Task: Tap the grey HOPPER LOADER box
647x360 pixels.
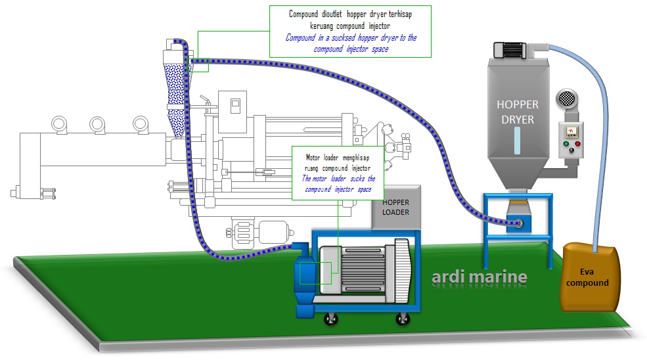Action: [x=396, y=208]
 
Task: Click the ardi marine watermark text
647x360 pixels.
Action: [x=480, y=277]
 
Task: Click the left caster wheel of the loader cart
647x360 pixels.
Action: [x=326, y=319]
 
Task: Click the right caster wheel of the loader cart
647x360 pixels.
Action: [x=403, y=319]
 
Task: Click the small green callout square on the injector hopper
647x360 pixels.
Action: [x=198, y=64]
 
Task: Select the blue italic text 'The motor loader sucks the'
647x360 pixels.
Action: [x=338, y=178]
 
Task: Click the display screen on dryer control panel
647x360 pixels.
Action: [x=571, y=130]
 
